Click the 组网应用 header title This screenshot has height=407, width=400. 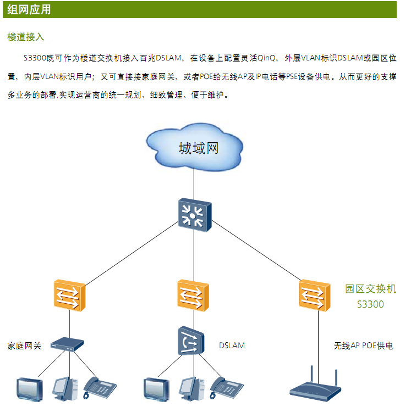[29, 9]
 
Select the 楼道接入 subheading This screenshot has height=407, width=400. [26, 37]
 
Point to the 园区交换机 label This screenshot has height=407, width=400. [370, 289]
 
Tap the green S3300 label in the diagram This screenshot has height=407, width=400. [370, 304]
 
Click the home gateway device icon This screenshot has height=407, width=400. [67, 344]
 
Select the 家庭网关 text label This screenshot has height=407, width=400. [24, 346]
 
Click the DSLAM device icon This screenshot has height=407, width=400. [191, 341]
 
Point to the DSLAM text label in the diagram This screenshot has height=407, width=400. [232, 345]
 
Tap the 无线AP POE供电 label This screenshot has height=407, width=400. [363, 346]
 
